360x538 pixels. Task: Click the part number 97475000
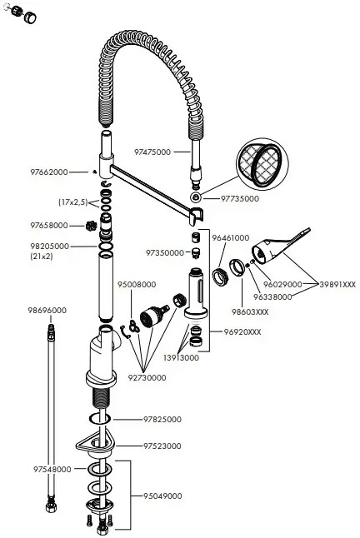pyautogui.click(x=152, y=152)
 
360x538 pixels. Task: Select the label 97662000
pyautogui.click(x=49, y=172)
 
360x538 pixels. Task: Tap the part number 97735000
pyautogui.click(x=240, y=199)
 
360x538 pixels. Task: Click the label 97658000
pyautogui.click(x=49, y=226)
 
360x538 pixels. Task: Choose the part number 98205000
pyautogui.click(x=49, y=247)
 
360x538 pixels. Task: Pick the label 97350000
pyautogui.click(x=164, y=252)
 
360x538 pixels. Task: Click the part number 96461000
pyautogui.click(x=230, y=238)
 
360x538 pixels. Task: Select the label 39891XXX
pyautogui.click(x=337, y=284)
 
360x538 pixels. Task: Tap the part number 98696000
pyautogui.click(x=47, y=311)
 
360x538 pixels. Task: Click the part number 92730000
pyautogui.click(x=147, y=377)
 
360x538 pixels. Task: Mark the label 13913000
pyautogui.click(x=180, y=357)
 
